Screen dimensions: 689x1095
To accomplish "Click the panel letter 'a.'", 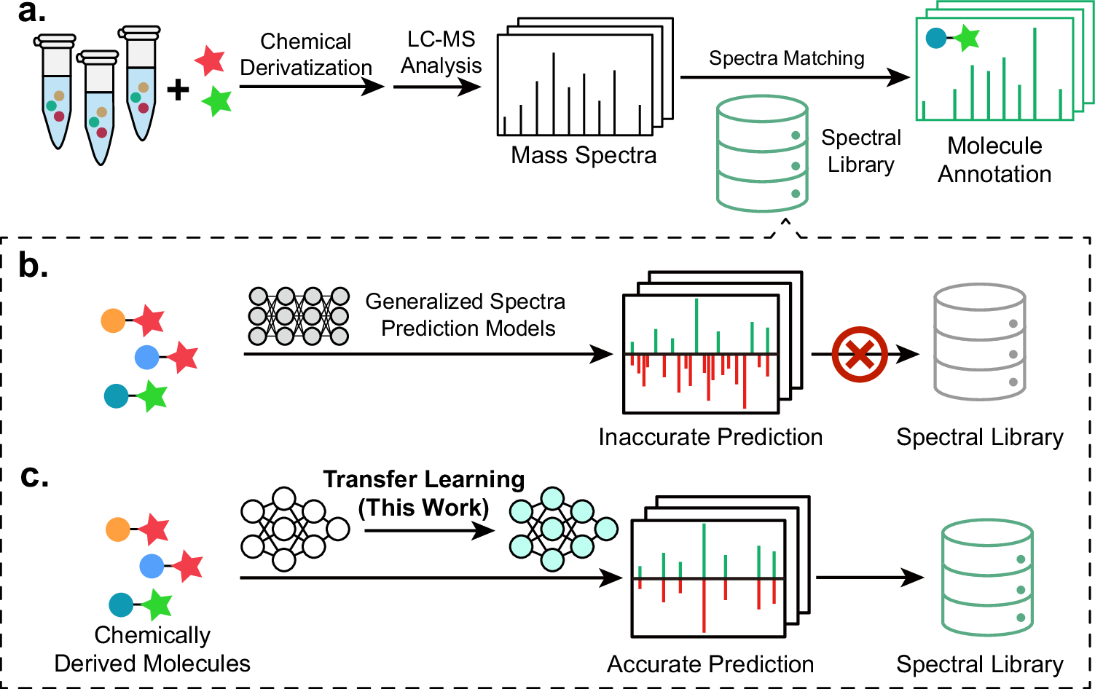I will [x=31, y=12].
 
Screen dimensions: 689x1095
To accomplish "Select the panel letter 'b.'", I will [x=33, y=267].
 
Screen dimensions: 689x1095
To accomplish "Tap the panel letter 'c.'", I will [x=34, y=476].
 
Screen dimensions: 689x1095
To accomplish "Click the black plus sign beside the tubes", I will [x=178, y=90].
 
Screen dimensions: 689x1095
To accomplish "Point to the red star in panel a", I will [x=210, y=60].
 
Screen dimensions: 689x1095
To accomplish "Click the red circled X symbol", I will [x=860, y=355].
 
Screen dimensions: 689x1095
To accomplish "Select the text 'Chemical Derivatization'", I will [x=306, y=55].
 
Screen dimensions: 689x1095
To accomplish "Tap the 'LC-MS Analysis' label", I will [x=441, y=52].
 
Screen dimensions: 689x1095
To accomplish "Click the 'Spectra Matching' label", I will [x=786, y=58].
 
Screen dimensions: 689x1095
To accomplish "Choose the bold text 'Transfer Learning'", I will [x=424, y=479].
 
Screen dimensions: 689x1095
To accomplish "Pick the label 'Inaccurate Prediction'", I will [x=710, y=437].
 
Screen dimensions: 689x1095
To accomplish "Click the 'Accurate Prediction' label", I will [x=710, y=664].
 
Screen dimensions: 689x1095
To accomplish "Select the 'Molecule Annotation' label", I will [x=994, y=160].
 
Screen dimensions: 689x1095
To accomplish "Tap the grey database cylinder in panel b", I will [x=980, y=342].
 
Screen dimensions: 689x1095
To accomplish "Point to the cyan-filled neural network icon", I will [x=562, y=529].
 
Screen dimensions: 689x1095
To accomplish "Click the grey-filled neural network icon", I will [x=299, y=316].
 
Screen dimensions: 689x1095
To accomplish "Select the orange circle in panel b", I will [x=113, y=320].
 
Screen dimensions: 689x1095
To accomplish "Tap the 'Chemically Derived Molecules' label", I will [x=152, y=649].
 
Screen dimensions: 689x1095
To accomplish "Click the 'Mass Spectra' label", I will [x=584, y=155].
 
